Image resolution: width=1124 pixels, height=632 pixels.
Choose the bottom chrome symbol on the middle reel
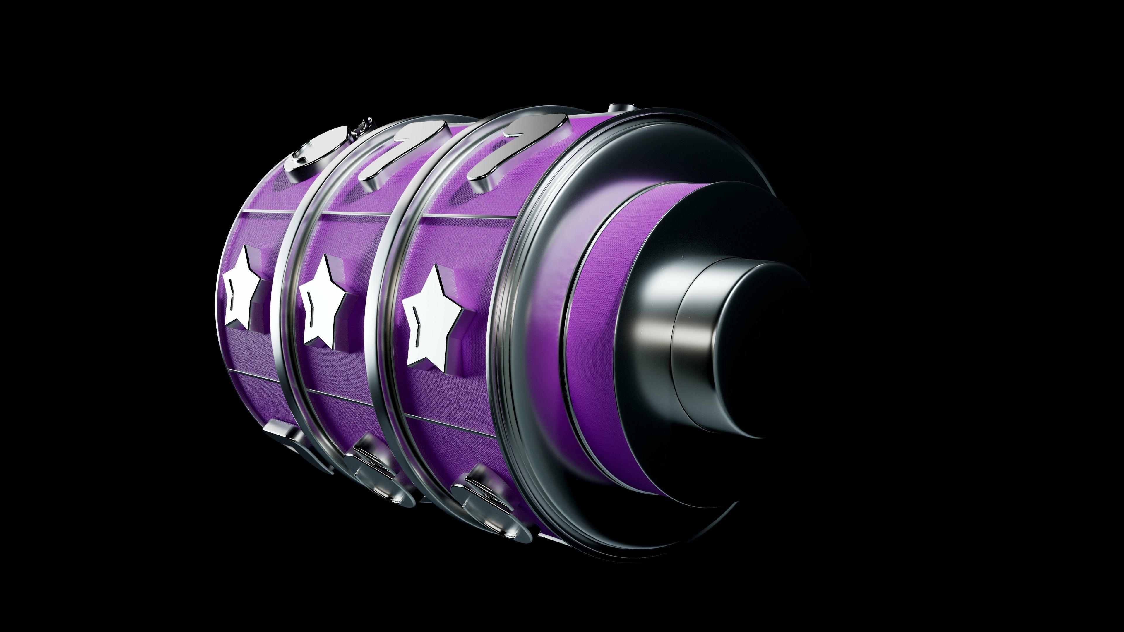pos(380,475)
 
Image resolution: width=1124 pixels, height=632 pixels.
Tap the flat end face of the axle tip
pos(768,349)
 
